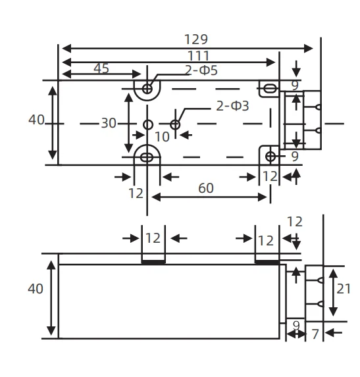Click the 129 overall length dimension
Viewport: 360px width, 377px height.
(x=195, y=39)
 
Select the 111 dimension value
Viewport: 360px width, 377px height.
(x=199, y=56)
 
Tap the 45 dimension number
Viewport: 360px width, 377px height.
(x=101, y=68)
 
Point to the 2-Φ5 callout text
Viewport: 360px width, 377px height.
(x=201, y=70)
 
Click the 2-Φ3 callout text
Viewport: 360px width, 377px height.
(x=232, y=106)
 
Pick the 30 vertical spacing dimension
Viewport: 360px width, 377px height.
(x=109, y=123)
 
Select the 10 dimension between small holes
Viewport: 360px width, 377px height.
(x=163, y=137)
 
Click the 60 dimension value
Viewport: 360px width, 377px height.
(x=206, y=188)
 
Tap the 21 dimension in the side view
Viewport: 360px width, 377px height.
(x=344, y=289)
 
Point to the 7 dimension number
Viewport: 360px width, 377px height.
(x=315, y=334)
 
